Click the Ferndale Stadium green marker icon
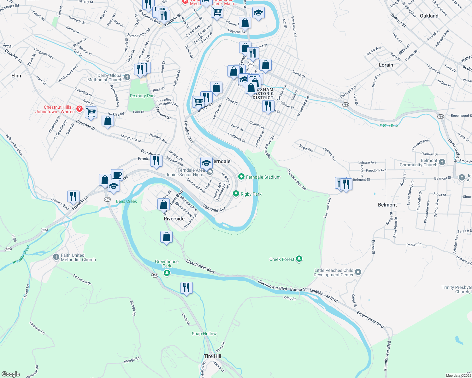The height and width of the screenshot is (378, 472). pyautogui.click(x=241, y=177)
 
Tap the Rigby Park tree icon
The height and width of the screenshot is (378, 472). pyautogui.click(x=236, y=194)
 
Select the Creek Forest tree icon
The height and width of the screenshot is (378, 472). pyautogui.click(x=299, y=259)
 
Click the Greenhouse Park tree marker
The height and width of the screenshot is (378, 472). pyautogui.click(x=167, y=273)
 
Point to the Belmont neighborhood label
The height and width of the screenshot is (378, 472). pyautogui.click(x=387, y=205)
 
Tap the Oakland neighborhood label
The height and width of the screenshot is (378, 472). pyautogui.click(x=429, y=16)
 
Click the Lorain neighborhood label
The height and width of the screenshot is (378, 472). pyautogui.click(x=386, y=65)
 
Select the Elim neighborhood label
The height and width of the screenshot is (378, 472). pyautogui.click(x=16, y=76)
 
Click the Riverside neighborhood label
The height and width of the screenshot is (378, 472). pyautogui.click(x=174, y=219)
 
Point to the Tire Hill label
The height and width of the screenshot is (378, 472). pyautogui.click(x=212, y=356)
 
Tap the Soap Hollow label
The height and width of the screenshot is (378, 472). pyautogui.click(x=204, y=334)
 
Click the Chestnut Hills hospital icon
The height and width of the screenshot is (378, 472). pyautogui.click(x=79, y=109)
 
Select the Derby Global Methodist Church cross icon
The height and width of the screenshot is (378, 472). pyautogui.click(x=127, y=77)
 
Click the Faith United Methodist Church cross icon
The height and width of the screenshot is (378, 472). pyautogui.click(x=56, y=257)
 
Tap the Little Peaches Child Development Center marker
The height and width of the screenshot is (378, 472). pyautogui.click(x=358, y=272)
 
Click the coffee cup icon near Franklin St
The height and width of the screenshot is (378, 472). pyautogui.click(x=117, y=175)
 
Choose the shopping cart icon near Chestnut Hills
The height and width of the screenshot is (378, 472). pyautogui.click(x=91, y=112)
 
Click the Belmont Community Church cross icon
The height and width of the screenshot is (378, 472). pyautogui.click(x=442, y=162)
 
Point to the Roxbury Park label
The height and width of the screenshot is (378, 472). pyautogui.click(x=143, y=96)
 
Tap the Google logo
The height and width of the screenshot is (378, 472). pyautogui.click(x=11, y=374)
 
